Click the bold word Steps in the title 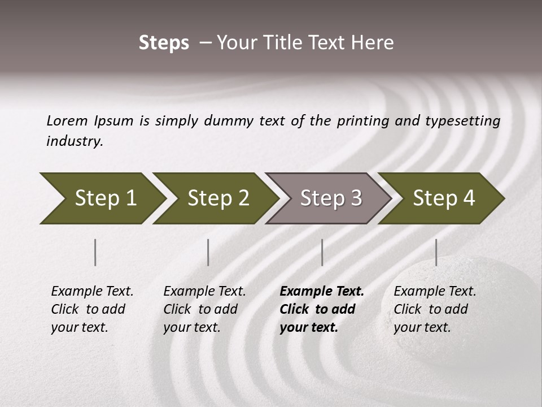(164, 43)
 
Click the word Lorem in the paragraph (67, 121)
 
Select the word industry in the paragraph (74, 141)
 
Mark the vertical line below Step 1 (95, 252)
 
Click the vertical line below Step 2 (208, 252)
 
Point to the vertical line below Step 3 (322, 252)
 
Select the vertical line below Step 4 (436, 252)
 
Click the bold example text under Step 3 (320, 309)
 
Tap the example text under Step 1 (91, 309)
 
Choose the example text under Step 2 (204, 309)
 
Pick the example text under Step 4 (434, 309)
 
